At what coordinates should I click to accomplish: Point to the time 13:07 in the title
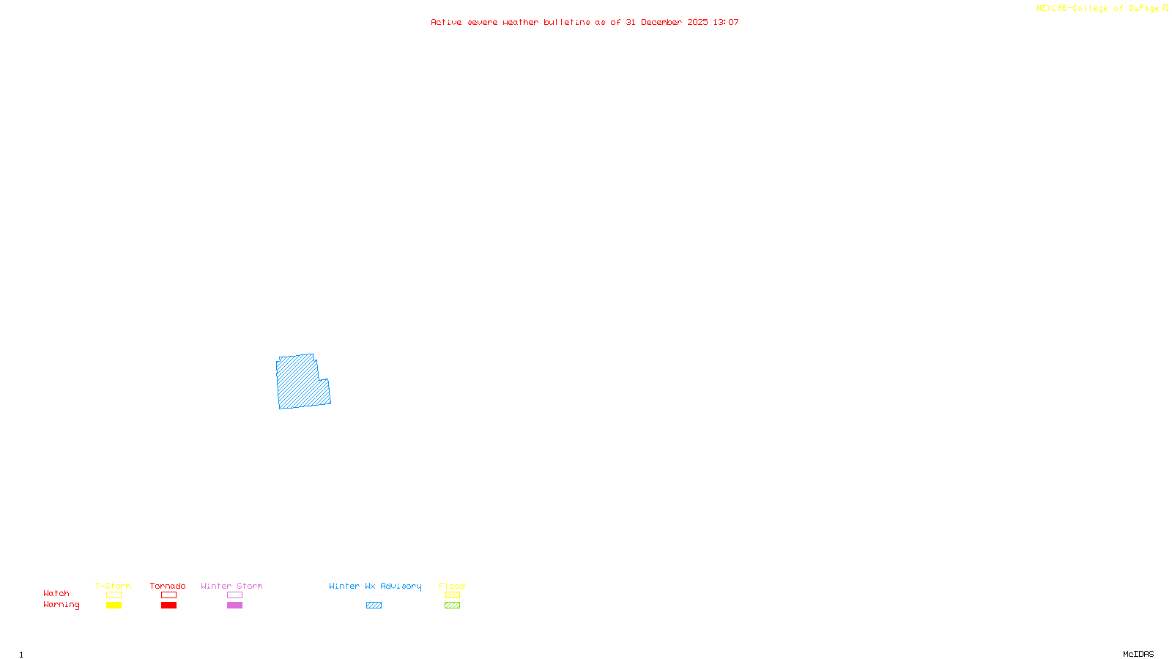(726, 23)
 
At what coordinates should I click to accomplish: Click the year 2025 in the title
(697, 23)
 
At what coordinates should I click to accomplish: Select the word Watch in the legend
(56, 594)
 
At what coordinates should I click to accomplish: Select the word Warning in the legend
(61, 605)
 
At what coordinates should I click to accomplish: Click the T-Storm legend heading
(113, 586)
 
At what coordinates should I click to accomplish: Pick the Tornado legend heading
(168, 586)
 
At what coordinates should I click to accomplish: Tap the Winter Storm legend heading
(231, 586)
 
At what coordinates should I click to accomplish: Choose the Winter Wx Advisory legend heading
(375, 586)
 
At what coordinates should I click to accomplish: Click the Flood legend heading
(452, 586)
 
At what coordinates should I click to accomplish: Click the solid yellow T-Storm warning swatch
(114, 606)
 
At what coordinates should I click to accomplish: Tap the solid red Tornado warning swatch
(169, 606)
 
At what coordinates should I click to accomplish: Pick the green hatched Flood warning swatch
(452, 606)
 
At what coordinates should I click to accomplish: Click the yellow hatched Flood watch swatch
(452, 595)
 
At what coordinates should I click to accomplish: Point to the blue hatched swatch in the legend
(374, 606)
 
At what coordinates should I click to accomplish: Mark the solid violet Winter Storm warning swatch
(234, 606)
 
